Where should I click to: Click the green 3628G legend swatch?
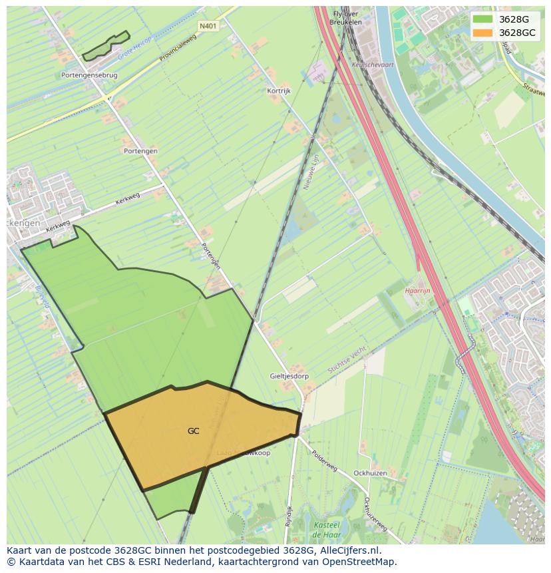482,19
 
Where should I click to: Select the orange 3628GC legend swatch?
482,33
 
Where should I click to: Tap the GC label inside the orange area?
193,431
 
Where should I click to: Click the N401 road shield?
208,26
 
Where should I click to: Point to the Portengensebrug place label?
89,75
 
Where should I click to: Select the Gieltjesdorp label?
289,376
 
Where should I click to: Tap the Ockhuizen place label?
371,473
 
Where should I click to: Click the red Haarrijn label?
419,291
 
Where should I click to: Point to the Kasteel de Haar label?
327,530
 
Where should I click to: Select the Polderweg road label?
324,460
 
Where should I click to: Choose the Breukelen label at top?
345,22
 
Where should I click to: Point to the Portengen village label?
140,151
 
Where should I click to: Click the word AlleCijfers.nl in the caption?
348,550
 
